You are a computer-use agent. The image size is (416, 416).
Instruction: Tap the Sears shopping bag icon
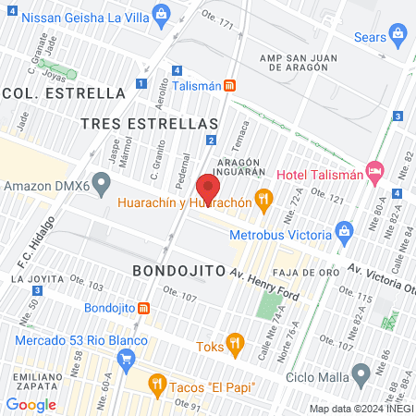pyautogui.click(x=399, y=35)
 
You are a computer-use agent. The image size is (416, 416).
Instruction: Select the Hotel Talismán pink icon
pyautogui.click(x=374, y=170)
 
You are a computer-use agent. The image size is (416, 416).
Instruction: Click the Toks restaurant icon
pyautogui.click(x=236, y=346)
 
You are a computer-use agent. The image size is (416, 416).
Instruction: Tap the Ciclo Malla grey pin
pyautogui.click(x=361, y=373)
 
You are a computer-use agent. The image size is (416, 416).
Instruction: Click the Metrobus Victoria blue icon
pyautogui.click(x=346, y=229)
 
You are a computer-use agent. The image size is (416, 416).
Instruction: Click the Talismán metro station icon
pyautogui.click(x=229, y=85)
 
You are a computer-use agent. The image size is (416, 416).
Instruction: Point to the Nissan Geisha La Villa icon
pyautogui.click(x=163, y=13)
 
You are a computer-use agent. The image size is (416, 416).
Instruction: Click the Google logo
pyautogui.click(x=31, y=404)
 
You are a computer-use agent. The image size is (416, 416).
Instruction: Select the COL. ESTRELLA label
pyautogui.click(x=64, y=92)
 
